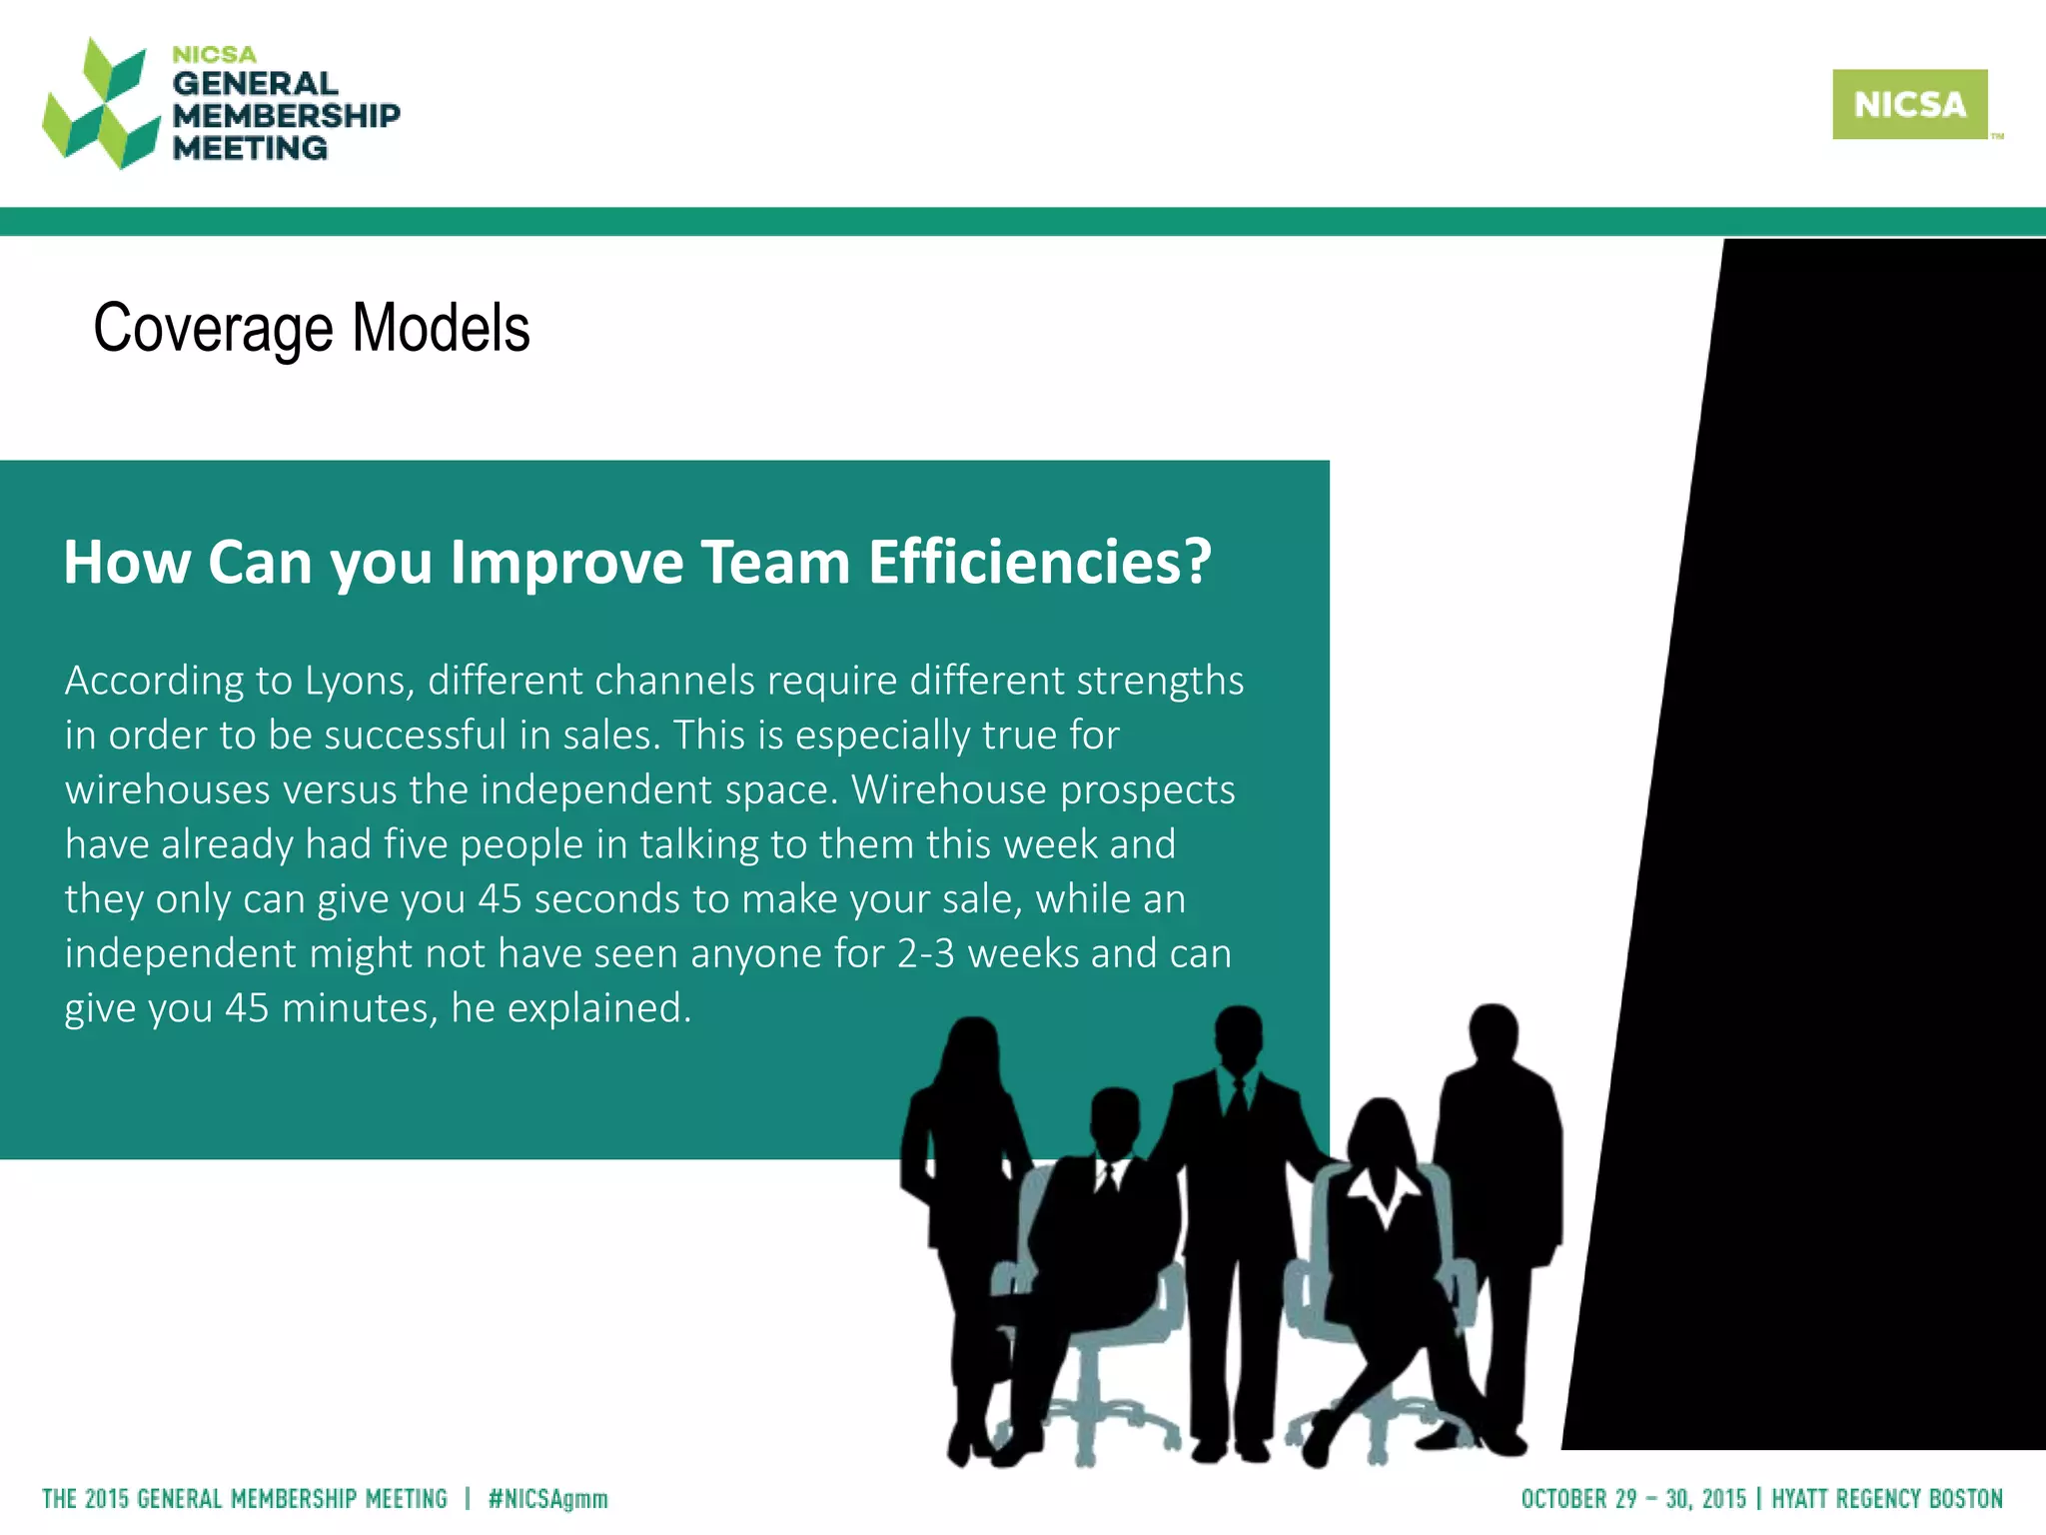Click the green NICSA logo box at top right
1909,104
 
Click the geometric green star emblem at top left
100,104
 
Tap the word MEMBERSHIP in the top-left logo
286,116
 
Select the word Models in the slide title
441,329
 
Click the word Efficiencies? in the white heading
1039,562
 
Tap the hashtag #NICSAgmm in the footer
547,1499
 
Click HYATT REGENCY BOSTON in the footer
1887,1499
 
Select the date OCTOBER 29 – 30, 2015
1633,1499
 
